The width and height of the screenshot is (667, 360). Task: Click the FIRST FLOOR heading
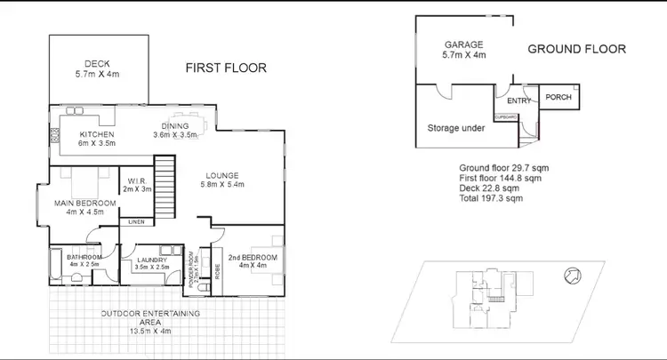[225, 68]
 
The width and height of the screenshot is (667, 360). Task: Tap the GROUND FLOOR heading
[576, 49]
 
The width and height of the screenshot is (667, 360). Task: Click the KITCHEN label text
[98, 135]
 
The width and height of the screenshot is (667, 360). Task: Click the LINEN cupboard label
[136, 221]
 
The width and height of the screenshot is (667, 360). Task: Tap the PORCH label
[558, 98]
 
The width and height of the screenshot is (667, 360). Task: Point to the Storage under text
[456, 128]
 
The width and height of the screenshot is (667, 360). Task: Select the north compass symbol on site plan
[572, 277]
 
